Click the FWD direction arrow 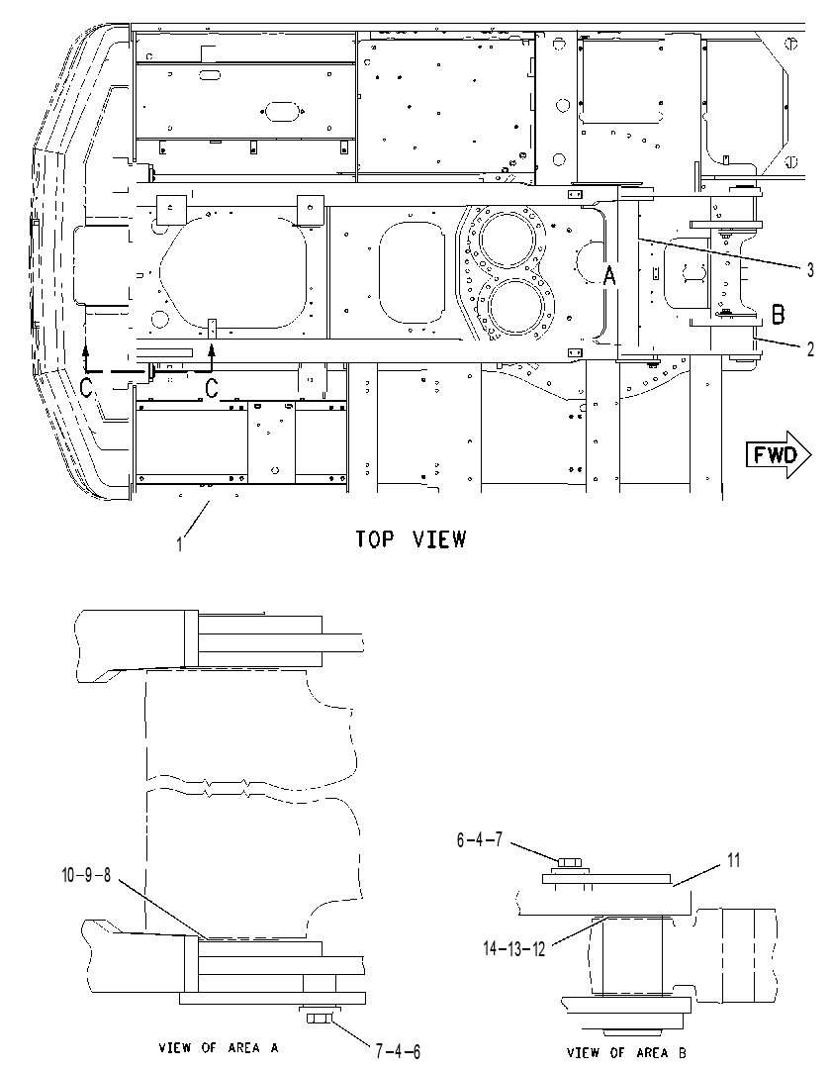pos(779,454)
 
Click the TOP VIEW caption pos(412,539)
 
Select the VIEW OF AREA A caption pos(219,1047)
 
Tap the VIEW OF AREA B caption pos(626,1052)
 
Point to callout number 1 pos(180,544)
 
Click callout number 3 pos(810,270)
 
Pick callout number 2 pos(810,349)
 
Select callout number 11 pos(733,860)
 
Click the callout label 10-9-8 pos(85,875)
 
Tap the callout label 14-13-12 pos(513,948)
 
